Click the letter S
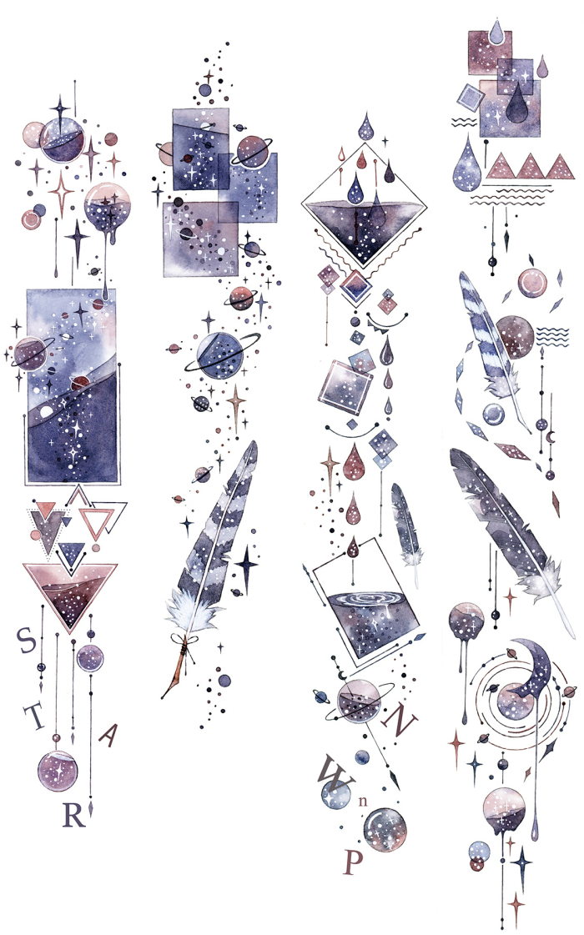tap(26, 640)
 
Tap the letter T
tap(35, 716)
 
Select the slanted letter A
tap(108, 736)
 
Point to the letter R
tap(74, 814)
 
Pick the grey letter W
tap(335, 772)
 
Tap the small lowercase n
tap(363, 802)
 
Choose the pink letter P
tap(353, 862)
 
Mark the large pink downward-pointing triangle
tap(70, 594)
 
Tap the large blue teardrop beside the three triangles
tap(467, 164)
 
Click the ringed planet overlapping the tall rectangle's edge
tap(31, 354)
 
